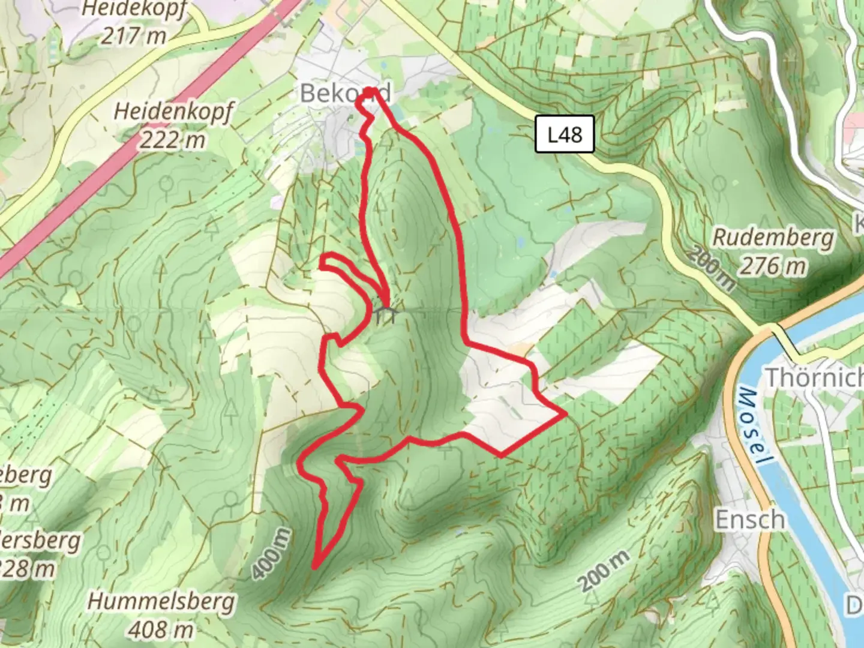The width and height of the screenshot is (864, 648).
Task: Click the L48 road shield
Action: pyautogui.click(x=565, y=134)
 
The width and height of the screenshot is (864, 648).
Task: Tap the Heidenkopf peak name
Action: pyautogui.click(x=173, y=112)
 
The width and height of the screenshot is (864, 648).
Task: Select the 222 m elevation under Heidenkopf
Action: pyautogui.click(x=173, y=140)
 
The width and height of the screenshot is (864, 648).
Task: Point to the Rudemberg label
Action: pyautogui.click(x=773, y=238)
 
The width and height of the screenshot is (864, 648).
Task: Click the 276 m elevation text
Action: pyautogui.click(x=773, y=266)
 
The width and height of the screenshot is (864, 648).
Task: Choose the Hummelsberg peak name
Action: pyautogui.click(x=161, y=601)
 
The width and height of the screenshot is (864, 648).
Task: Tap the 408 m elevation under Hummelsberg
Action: pyautogui.click(x=161, y=629)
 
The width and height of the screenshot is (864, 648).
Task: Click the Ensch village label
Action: pyautogui.click(x=749, y=520)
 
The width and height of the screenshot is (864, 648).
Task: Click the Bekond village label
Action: pyautogui.click(x=345, y=93)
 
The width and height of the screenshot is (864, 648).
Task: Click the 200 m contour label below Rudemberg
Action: pyautogui.click(x=712, y=268)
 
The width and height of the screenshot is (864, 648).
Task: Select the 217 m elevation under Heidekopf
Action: pyautogui.click(x=133, y=36)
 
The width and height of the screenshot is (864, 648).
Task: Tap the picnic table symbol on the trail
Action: pyautogui.click(x=385, y=314)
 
